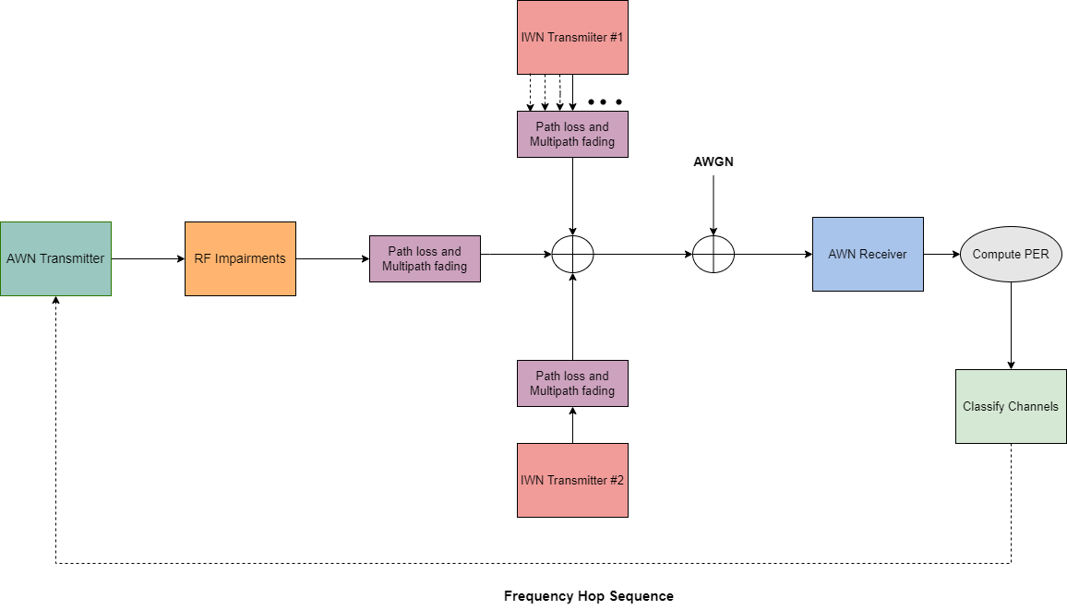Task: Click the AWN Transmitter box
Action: (x=55, y=258)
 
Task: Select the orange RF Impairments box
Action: (x=240, y=258)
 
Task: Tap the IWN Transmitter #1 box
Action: (x=572, y=38)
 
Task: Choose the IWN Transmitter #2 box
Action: (x=572, y=480)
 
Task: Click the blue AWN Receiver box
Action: (x=868, y=254)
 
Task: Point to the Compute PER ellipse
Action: (x=1011, y=254)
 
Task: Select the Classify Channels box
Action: (x=1011, y=406)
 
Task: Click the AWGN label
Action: (x=713, y=162)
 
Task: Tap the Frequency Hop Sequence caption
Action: (x=588, y=596)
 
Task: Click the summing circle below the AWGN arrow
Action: (x=713, y=254)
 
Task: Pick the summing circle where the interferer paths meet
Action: (x=572, y=254)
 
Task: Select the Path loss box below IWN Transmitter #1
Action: (x=572, y=134)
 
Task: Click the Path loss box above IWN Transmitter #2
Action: (x=572, y=383)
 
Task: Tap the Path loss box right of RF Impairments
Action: (x=425, y=258)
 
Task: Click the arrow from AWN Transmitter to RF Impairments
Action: (x=148, y=258)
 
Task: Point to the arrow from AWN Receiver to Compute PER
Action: (x=941, y=254)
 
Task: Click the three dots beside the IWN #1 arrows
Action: (x=605, y=102)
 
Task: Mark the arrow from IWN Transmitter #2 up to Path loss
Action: (x=572, y=425)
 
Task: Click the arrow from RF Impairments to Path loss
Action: (x=332, y=258)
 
